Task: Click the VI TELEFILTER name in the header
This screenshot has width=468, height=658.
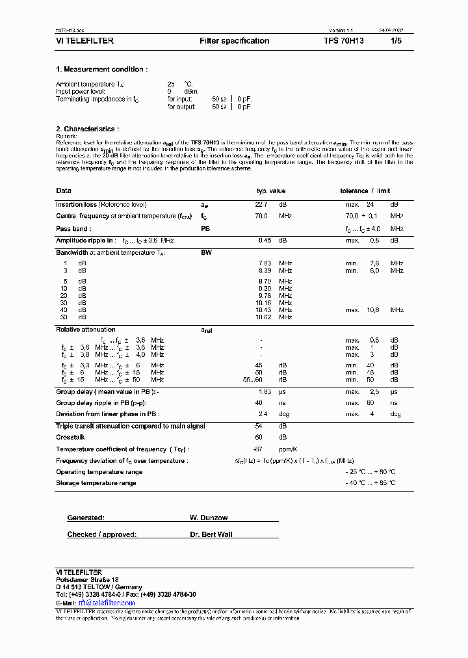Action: (84, 41)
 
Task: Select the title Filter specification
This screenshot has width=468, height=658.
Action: (234, 41)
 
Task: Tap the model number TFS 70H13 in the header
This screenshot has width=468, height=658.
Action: (344, 41)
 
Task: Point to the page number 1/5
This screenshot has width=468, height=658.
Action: (397, 41)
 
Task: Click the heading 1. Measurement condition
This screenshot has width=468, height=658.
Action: (101, 70)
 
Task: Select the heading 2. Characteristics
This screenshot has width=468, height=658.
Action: (87, 129)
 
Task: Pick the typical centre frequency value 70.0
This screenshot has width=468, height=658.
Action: (261, 215)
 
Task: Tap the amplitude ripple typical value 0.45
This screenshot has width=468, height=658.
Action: (265, 241)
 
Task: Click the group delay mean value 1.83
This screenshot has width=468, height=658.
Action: (265, 392)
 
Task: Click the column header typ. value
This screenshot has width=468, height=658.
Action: (271, 191)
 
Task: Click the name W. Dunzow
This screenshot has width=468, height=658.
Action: (209, 518)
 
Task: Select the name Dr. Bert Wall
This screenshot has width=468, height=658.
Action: (211, 534)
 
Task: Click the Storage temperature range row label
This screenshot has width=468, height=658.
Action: (96, 483)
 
